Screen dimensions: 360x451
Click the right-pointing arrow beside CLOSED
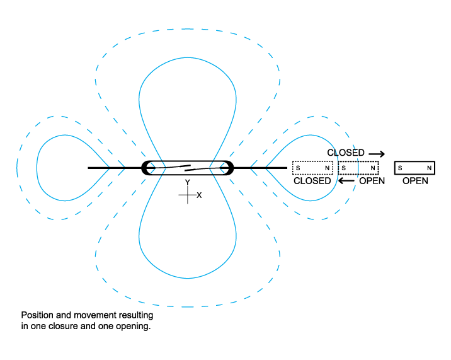click(x=377, y=153)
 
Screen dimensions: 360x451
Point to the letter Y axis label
click(x=187, y=182)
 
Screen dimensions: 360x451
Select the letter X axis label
click(x=199, y=195)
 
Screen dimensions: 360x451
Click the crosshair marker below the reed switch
click(x=188, y=195)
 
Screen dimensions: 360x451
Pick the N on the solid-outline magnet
click(x=429, y=168)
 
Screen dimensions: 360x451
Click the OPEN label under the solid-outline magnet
click(x=415, y=181)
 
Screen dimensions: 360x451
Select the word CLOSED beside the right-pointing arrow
click(x=346, y=153)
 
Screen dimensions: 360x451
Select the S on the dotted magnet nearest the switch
click(x=297, y=168)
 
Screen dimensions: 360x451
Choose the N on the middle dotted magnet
click(x=373, y=168)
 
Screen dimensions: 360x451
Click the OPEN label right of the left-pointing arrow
click(x=372, y=181)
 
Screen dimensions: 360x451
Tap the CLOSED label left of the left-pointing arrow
click(x=312, y=181)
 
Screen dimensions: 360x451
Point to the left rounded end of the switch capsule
click(x=147, y=168)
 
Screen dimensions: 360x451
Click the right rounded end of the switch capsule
click(x=229, y=168)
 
